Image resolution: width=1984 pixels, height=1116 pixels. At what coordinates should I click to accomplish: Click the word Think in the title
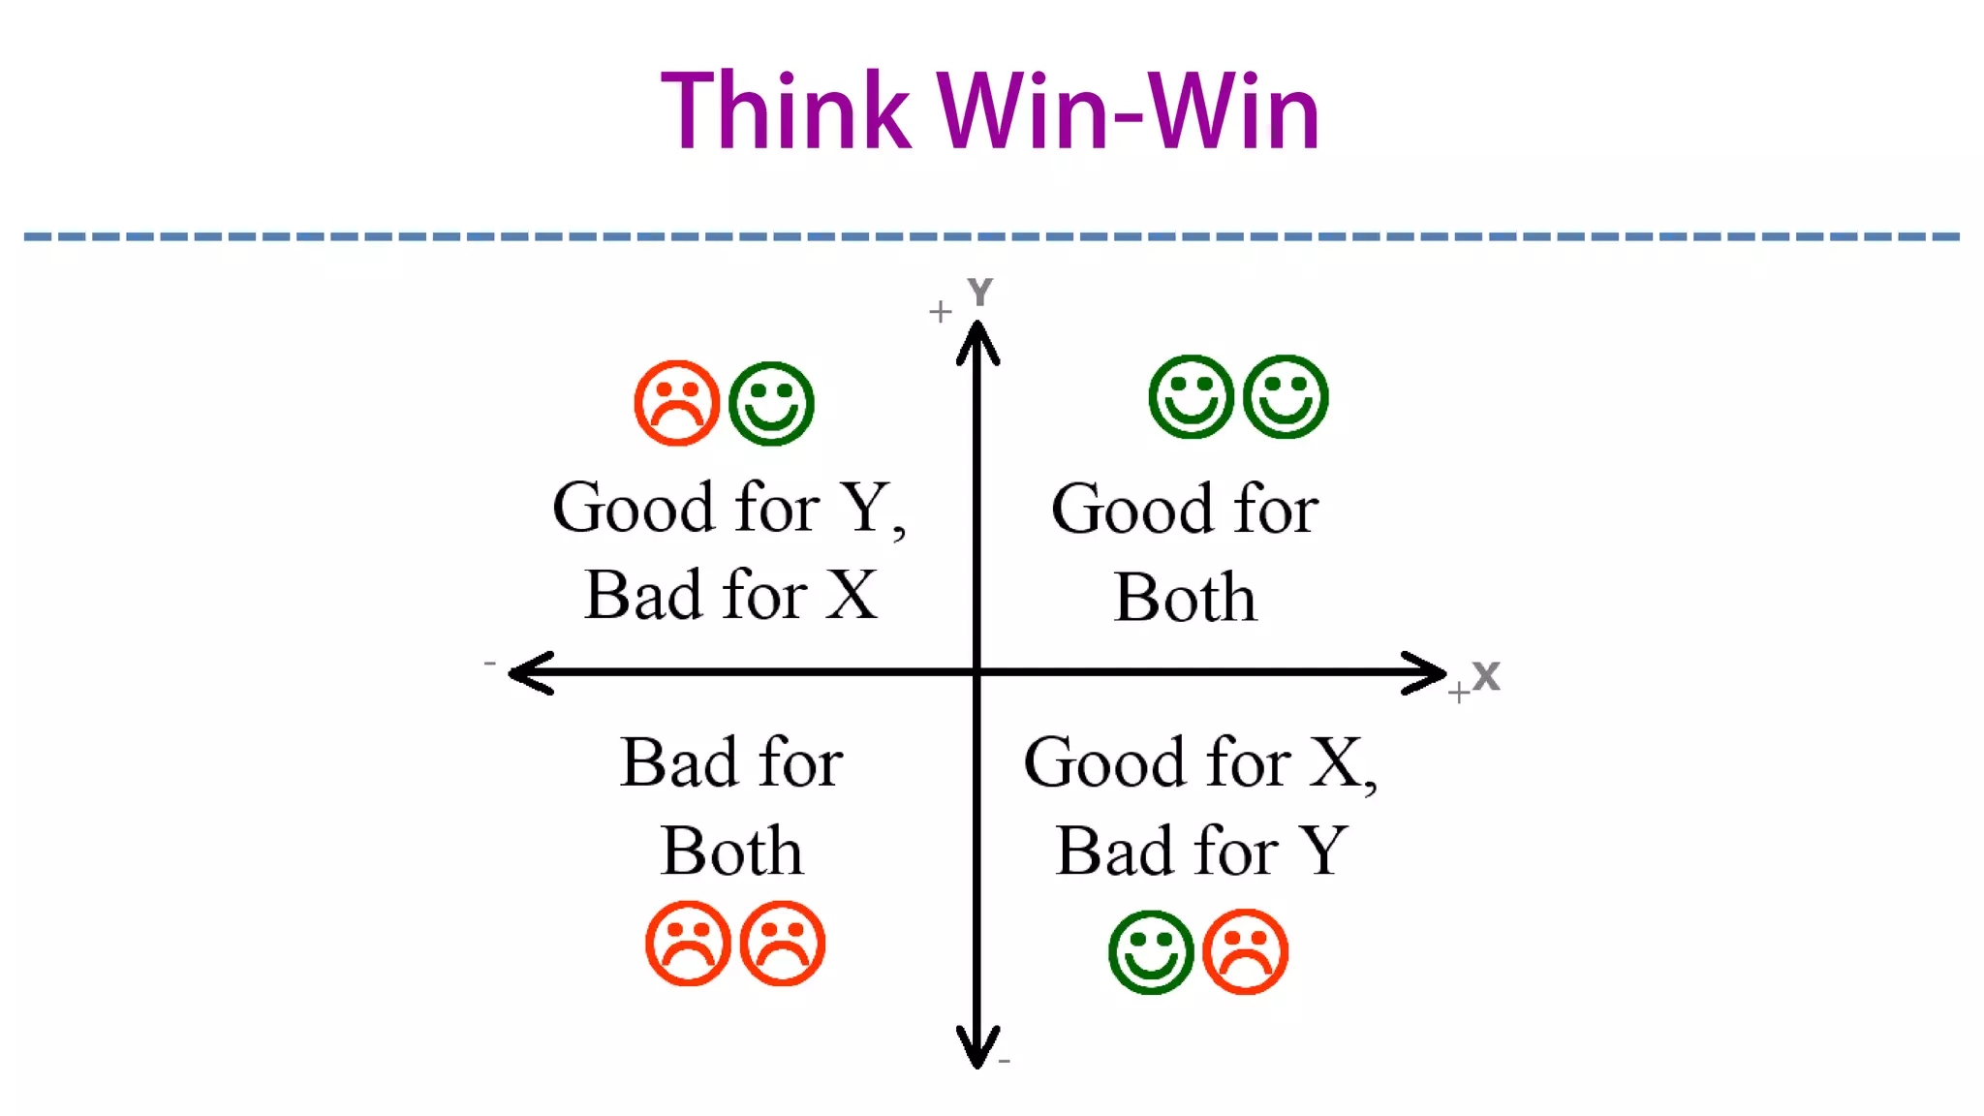pyautogui.click(x=786, y=111)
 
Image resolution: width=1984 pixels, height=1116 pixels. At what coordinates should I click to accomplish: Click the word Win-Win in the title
pyautogui.click(x=1129, y=113)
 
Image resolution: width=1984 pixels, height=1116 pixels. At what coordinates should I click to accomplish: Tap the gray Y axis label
pyautogui.click(x=979, y=292)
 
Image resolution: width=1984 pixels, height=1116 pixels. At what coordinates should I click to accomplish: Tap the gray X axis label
pyautogui.click(x=1486, y=676)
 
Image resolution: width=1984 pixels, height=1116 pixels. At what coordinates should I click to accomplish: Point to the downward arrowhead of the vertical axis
pyautogui.click(x=977, y=1049)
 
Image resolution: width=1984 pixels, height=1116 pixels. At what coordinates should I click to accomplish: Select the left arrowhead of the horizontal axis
pyautogui.click(x=528, y=672)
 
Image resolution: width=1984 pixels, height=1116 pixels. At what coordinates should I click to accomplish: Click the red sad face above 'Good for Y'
pyautogui.click(x=676, y=403)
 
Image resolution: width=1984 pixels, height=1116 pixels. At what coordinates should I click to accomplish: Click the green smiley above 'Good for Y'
pyautogui.click(x=771, y=403)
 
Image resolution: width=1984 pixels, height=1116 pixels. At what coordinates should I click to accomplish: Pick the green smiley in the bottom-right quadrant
pyautogui.click(x=1151, y=951)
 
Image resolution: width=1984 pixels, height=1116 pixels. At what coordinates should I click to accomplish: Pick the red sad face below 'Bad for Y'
pyautogui.click(x=1245, y=951)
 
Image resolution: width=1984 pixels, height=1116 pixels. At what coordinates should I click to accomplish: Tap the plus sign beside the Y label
pyautogui.click(x=940, y=312)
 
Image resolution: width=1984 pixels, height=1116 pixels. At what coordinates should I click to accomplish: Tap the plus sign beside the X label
pyautogui.click(x=1458, y=693)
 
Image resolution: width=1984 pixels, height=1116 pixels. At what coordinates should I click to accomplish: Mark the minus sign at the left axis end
pyautogui.click(x=490, y=664)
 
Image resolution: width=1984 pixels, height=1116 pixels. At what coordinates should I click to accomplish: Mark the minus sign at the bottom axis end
pyautogui.click(x=1005, y=1062)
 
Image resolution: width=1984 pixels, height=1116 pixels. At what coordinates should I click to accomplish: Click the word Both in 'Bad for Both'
pyautogui.click(x=731, y=852)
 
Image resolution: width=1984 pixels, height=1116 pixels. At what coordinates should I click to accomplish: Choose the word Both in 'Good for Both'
pyautogui.click(x=1185, y=597)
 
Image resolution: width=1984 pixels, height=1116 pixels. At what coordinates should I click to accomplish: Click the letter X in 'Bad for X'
pyautogui.click(x=852, y=595)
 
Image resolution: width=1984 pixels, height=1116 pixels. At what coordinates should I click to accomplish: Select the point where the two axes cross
pyautogui.click(x=977, y=671)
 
